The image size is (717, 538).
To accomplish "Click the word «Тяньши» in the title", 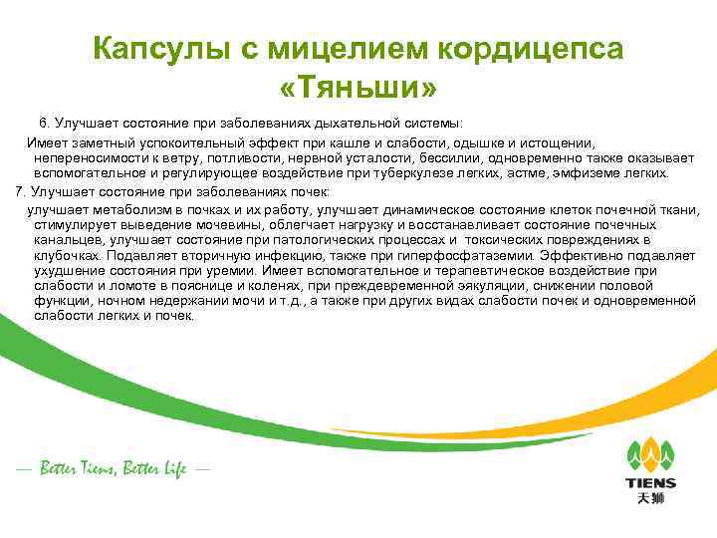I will coord(358,90).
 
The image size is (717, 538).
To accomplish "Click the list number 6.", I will coord(45,122).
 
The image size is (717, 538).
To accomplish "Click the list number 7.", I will coord(11,190).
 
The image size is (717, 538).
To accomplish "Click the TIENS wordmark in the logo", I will coord(650,483).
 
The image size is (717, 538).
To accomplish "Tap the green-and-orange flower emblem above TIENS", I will coord(650,454).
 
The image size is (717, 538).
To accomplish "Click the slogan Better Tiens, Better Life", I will coord(112,468).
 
